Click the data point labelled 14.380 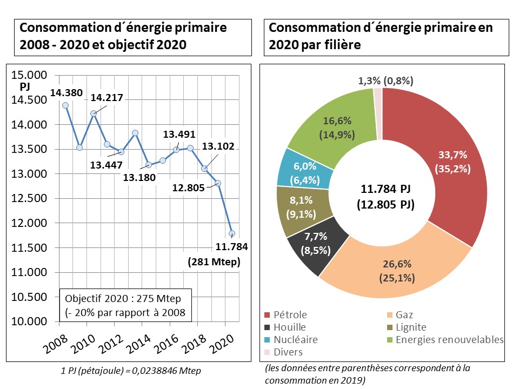65,105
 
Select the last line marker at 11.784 231,234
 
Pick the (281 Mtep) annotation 214,262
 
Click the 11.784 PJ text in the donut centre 385,190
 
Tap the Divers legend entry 284,352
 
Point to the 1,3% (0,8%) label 385,81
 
